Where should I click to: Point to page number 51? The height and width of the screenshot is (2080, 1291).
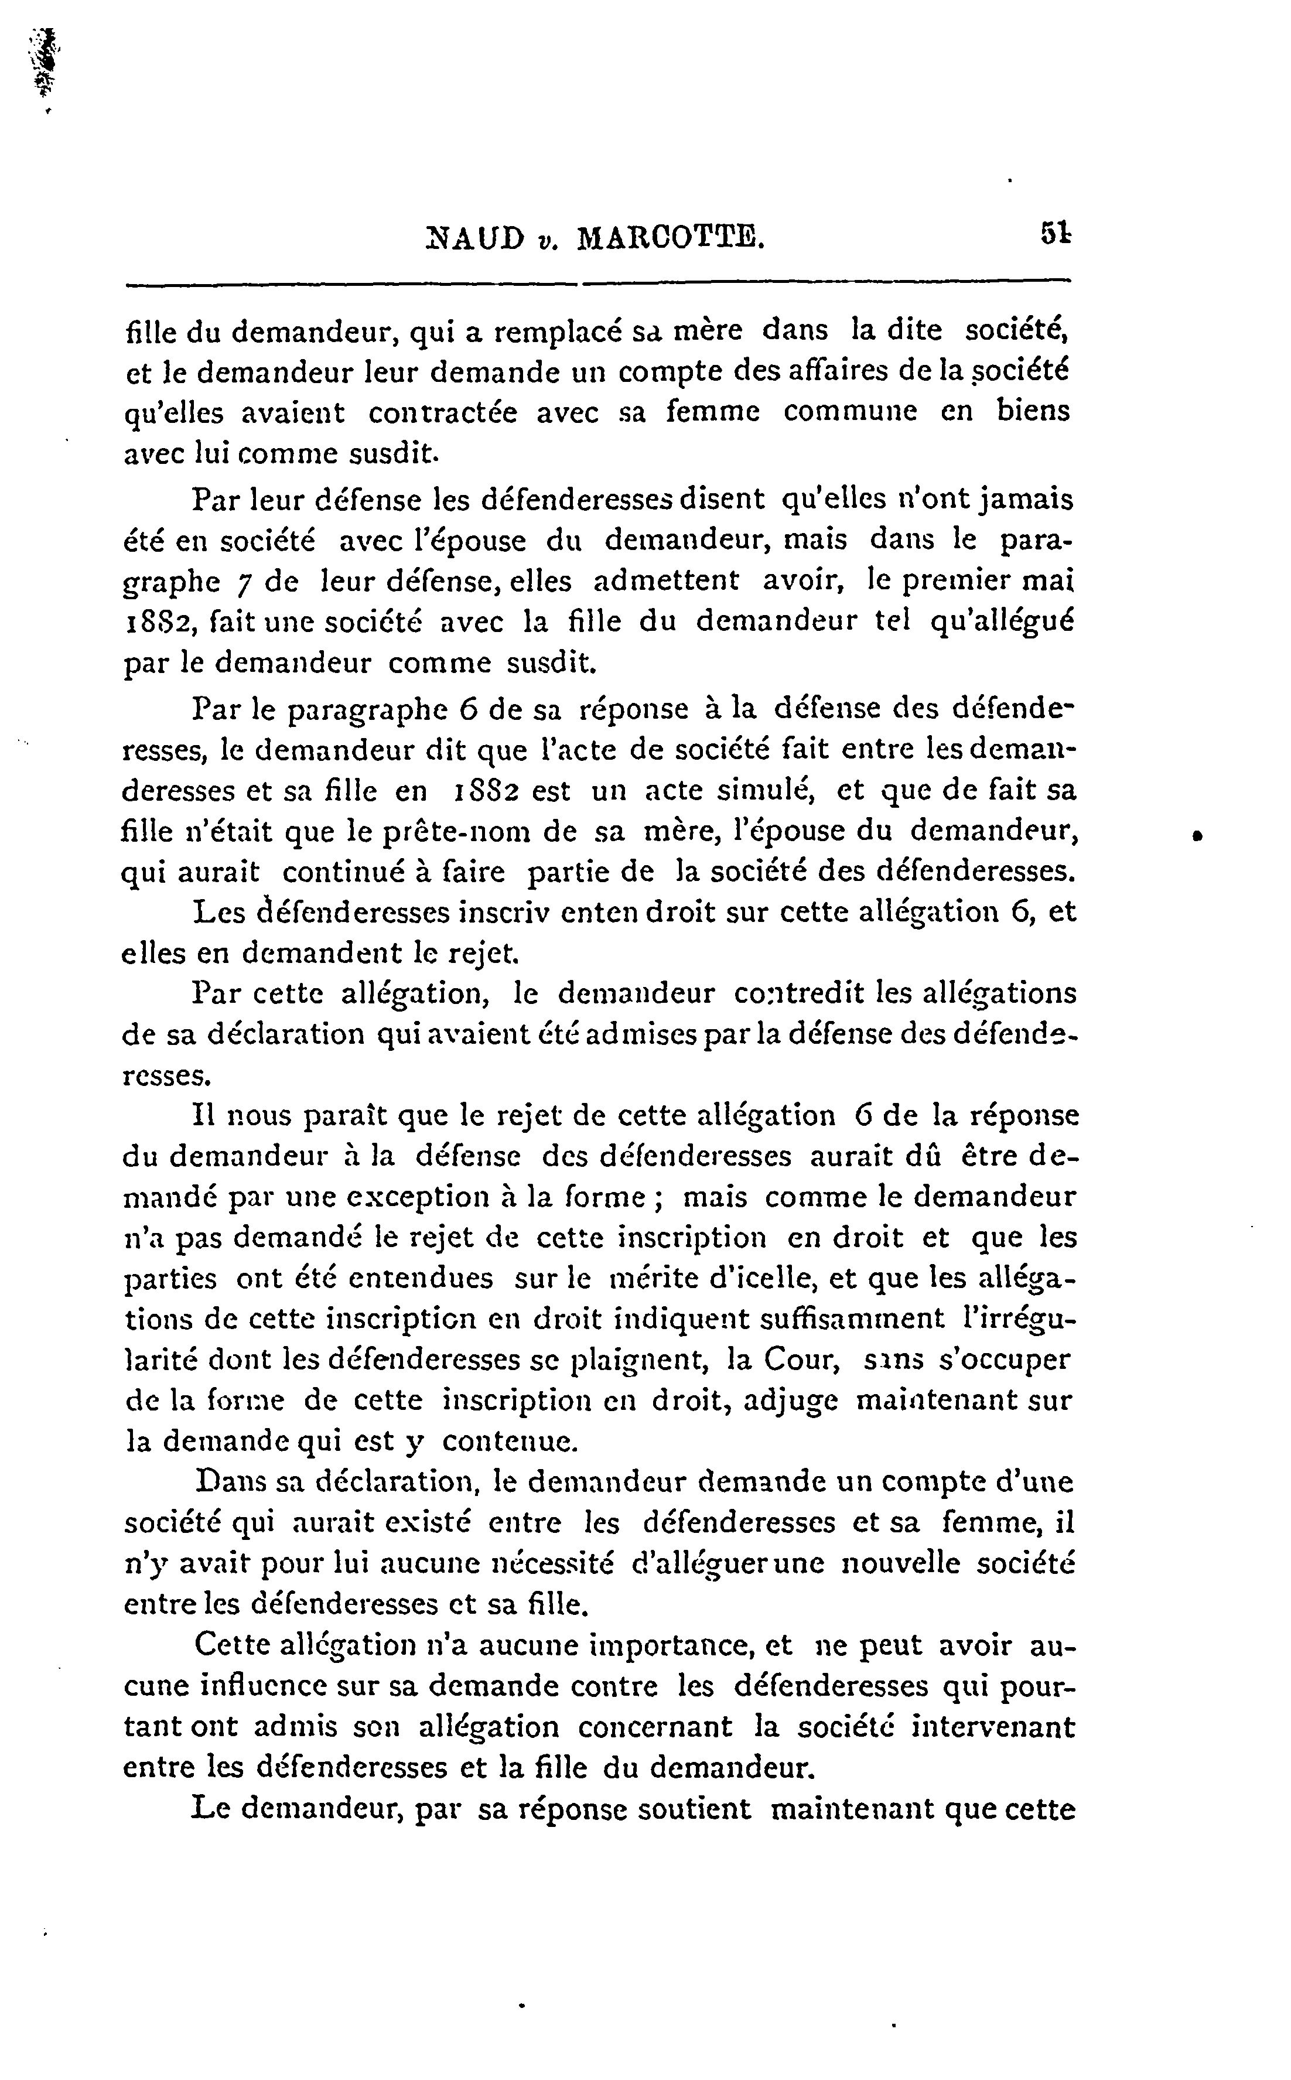click(x=1056, y=233)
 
